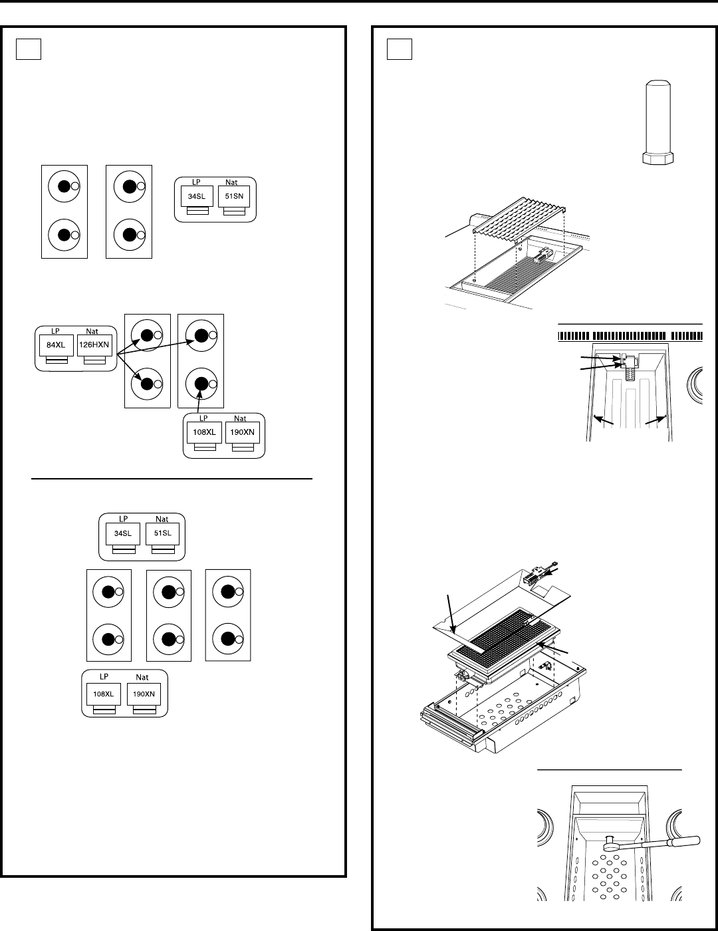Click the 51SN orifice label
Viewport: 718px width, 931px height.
click(234, 196)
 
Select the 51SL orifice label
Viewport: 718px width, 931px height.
click(163, 533)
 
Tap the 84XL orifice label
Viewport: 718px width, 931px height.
click(56, 345)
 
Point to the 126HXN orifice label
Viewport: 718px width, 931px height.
click(94, 344)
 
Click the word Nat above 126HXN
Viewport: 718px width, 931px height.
click(92, 331)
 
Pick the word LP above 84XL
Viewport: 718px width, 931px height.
click(55, 331)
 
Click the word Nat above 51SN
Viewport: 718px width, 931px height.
click(231, 182)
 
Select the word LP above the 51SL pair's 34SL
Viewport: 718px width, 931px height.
click(123, 519)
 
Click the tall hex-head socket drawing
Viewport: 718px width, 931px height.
click(658, 122)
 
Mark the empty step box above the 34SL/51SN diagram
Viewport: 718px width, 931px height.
click(29, 49)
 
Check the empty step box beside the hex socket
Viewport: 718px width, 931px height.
click(400, 49)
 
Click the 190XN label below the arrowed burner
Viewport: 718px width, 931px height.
click(243, 432)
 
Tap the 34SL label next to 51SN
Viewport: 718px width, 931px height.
click(197, 196)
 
